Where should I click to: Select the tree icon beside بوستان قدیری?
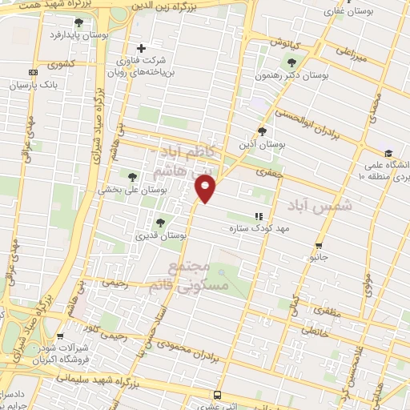point(161,223)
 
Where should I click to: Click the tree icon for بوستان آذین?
point(262,131)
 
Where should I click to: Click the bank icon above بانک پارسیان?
point(32,72)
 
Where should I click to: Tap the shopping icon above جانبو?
point(320,246)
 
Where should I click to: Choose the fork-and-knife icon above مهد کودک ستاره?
point(258,215)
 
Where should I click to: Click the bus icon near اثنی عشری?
point(217,395)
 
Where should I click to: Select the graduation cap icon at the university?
point(388,154)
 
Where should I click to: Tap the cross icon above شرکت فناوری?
point(142,48)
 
